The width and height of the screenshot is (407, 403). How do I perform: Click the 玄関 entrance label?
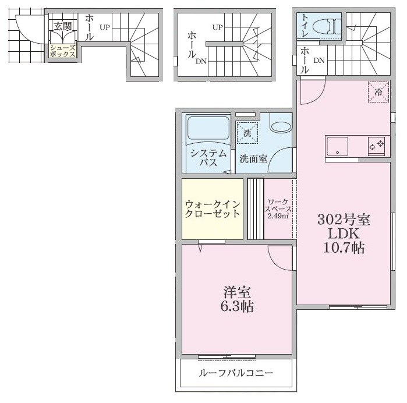tap(63, 27)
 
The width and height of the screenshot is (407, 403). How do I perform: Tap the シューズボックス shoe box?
tap(63, 50)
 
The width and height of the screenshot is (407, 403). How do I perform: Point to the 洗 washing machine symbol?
tap(247, 133)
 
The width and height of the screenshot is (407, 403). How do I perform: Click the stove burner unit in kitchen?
tap(376, 144)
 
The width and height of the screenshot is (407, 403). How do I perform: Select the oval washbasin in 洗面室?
tap(281, 127)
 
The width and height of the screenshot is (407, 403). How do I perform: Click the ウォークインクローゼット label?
tap(212, 208)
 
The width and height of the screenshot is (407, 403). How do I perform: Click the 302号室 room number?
tap(344, 220)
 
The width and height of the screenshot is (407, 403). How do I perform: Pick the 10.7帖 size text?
tap(344, 248)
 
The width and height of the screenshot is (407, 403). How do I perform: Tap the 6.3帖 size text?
tap(238, 306)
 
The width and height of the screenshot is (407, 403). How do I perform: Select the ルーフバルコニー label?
tap(236, 373)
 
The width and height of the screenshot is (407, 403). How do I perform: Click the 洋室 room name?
tap(238, 291)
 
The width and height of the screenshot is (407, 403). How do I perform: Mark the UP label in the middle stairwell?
tap(218, 27)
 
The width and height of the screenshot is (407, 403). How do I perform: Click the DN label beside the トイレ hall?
tap(319, 61)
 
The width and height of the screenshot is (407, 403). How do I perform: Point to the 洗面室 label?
tap(253, 159)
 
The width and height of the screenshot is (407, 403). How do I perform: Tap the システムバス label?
tap(208, 158)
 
